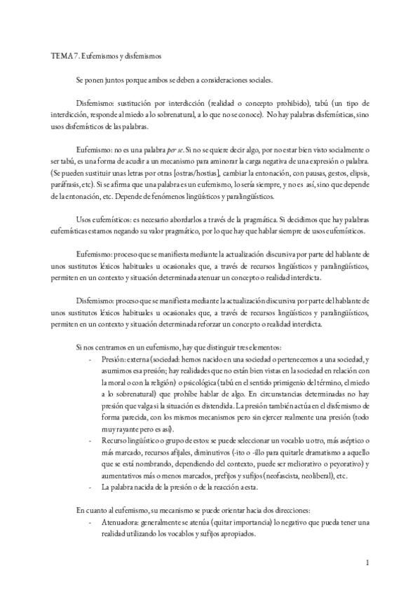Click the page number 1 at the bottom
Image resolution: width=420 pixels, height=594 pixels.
(368, 562)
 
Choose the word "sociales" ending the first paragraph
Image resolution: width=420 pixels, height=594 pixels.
(259, 81)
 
